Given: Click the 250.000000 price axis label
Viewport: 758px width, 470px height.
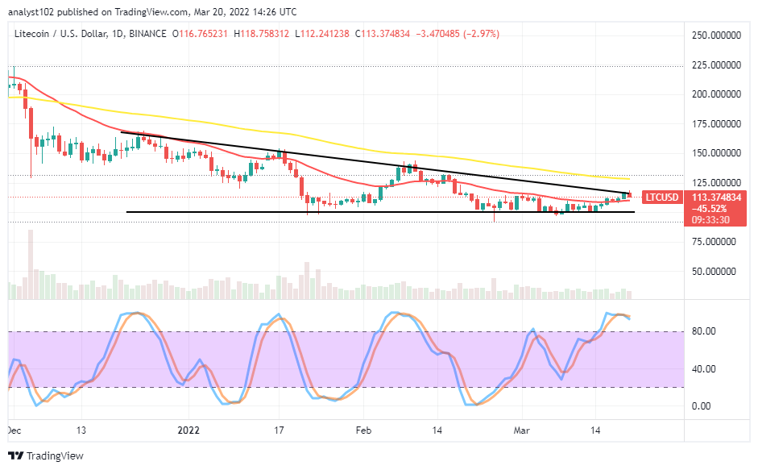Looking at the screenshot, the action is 716,35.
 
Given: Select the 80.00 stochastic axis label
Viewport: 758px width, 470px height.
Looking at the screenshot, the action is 704,331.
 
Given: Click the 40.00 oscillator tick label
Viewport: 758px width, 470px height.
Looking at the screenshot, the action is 704,369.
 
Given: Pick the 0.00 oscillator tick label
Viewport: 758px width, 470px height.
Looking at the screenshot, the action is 702,406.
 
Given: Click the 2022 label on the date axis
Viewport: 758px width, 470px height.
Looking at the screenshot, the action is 188,430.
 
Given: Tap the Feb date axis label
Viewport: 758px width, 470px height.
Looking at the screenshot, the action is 363,430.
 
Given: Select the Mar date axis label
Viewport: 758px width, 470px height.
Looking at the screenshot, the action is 522,430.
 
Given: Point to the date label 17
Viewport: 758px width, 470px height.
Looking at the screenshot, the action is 279,430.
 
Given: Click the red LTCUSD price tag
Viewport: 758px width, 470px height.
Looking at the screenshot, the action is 662,198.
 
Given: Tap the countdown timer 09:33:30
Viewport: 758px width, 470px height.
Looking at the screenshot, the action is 710,220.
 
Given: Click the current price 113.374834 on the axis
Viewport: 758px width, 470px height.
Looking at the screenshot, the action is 716,198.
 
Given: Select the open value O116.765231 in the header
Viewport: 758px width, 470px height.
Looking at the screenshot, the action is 200,34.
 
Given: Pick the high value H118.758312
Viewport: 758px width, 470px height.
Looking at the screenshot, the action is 261,34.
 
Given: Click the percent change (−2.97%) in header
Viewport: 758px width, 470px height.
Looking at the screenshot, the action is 482,34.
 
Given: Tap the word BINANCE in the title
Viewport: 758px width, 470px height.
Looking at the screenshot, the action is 148,34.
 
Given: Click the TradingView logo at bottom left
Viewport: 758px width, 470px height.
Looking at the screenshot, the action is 46,455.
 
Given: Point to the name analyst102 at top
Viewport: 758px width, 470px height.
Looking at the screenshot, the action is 31,11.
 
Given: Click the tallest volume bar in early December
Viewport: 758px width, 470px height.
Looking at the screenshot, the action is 31,264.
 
